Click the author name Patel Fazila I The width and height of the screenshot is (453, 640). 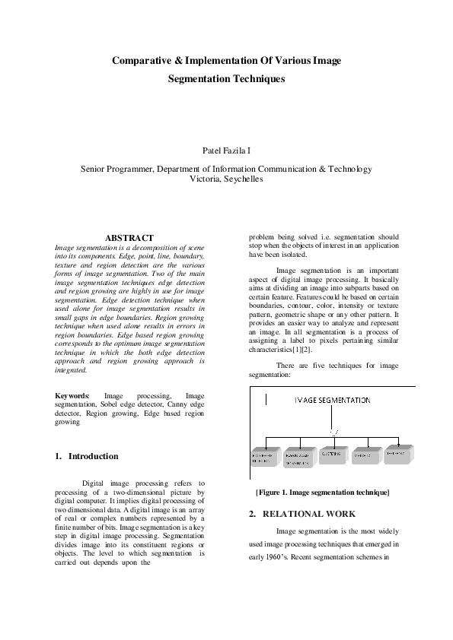pyautogui.click(x=226, y=151)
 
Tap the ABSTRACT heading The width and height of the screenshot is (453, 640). pyautogui.click(x=129, y=238)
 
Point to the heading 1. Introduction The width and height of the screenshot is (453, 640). pyautogui.click(x=87, y=456)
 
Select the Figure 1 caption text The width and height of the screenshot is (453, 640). pyautogui.click(x=323, y=493)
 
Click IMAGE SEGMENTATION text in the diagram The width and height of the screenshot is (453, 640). pyautogui.click(x=333, y=400)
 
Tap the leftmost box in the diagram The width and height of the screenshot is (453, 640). pyautogui.click(x=266, y=457)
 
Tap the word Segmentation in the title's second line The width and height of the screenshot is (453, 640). pyautogui.click(x=199, y=78)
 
